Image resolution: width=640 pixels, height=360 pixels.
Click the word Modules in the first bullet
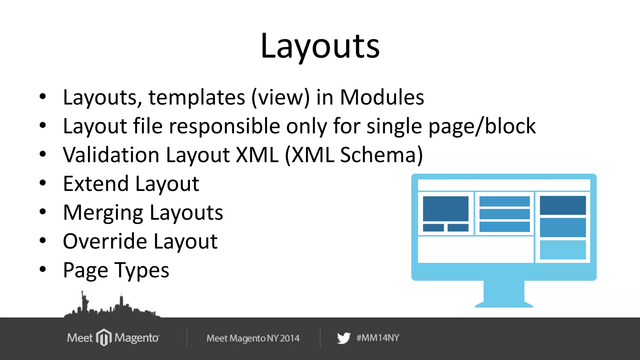point(382,97)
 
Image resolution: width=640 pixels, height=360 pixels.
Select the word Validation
point(111,155)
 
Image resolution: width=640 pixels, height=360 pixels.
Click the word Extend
point(96,184)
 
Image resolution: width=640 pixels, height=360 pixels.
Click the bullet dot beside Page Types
point(43,269)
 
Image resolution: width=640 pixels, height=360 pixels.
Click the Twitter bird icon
point(343,338)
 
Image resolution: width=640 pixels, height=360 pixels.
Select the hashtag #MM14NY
point(378,338)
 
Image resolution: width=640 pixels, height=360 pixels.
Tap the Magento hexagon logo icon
point(104,337)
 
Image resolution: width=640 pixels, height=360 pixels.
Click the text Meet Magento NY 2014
point(253,338)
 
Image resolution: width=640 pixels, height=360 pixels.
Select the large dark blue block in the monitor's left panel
point(446,208)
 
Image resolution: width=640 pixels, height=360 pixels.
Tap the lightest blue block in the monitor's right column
point(562,250)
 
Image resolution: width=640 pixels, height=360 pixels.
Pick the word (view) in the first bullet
point(281,97)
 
